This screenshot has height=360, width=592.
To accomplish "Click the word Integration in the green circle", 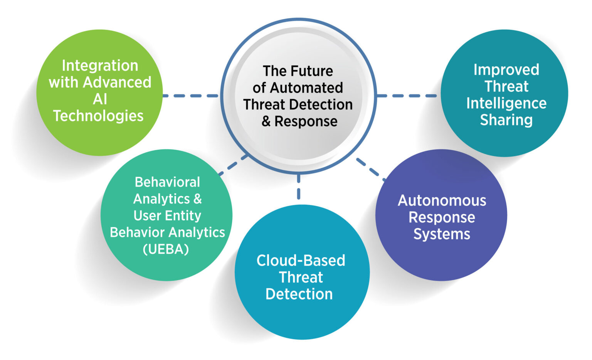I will (100, 66).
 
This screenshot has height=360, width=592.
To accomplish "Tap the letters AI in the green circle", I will (100, 99).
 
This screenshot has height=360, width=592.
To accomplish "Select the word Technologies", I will (98, 116).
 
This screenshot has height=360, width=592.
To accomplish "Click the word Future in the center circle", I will (312, 71).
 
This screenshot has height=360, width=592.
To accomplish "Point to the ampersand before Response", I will (266, 121).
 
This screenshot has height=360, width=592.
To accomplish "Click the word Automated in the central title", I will (306, 88).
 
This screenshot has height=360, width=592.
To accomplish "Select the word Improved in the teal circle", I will (506, 70).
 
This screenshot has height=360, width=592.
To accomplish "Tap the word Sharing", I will (506, 120).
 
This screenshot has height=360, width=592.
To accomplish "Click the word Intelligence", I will (506, 103).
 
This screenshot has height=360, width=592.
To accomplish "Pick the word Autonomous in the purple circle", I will (442, 200).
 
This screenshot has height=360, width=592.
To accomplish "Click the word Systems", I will (442, 234).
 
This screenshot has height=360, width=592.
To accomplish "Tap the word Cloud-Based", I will (301, 261).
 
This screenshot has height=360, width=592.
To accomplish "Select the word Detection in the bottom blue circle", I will (299, 294).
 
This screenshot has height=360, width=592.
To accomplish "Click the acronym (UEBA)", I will (166, 249).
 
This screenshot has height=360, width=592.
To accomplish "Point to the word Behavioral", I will (167, 182).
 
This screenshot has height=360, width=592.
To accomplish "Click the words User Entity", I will (167, 215).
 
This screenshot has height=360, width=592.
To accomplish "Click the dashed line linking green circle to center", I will (191, 96).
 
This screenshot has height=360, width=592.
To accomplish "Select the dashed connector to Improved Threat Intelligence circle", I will (408, 96).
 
